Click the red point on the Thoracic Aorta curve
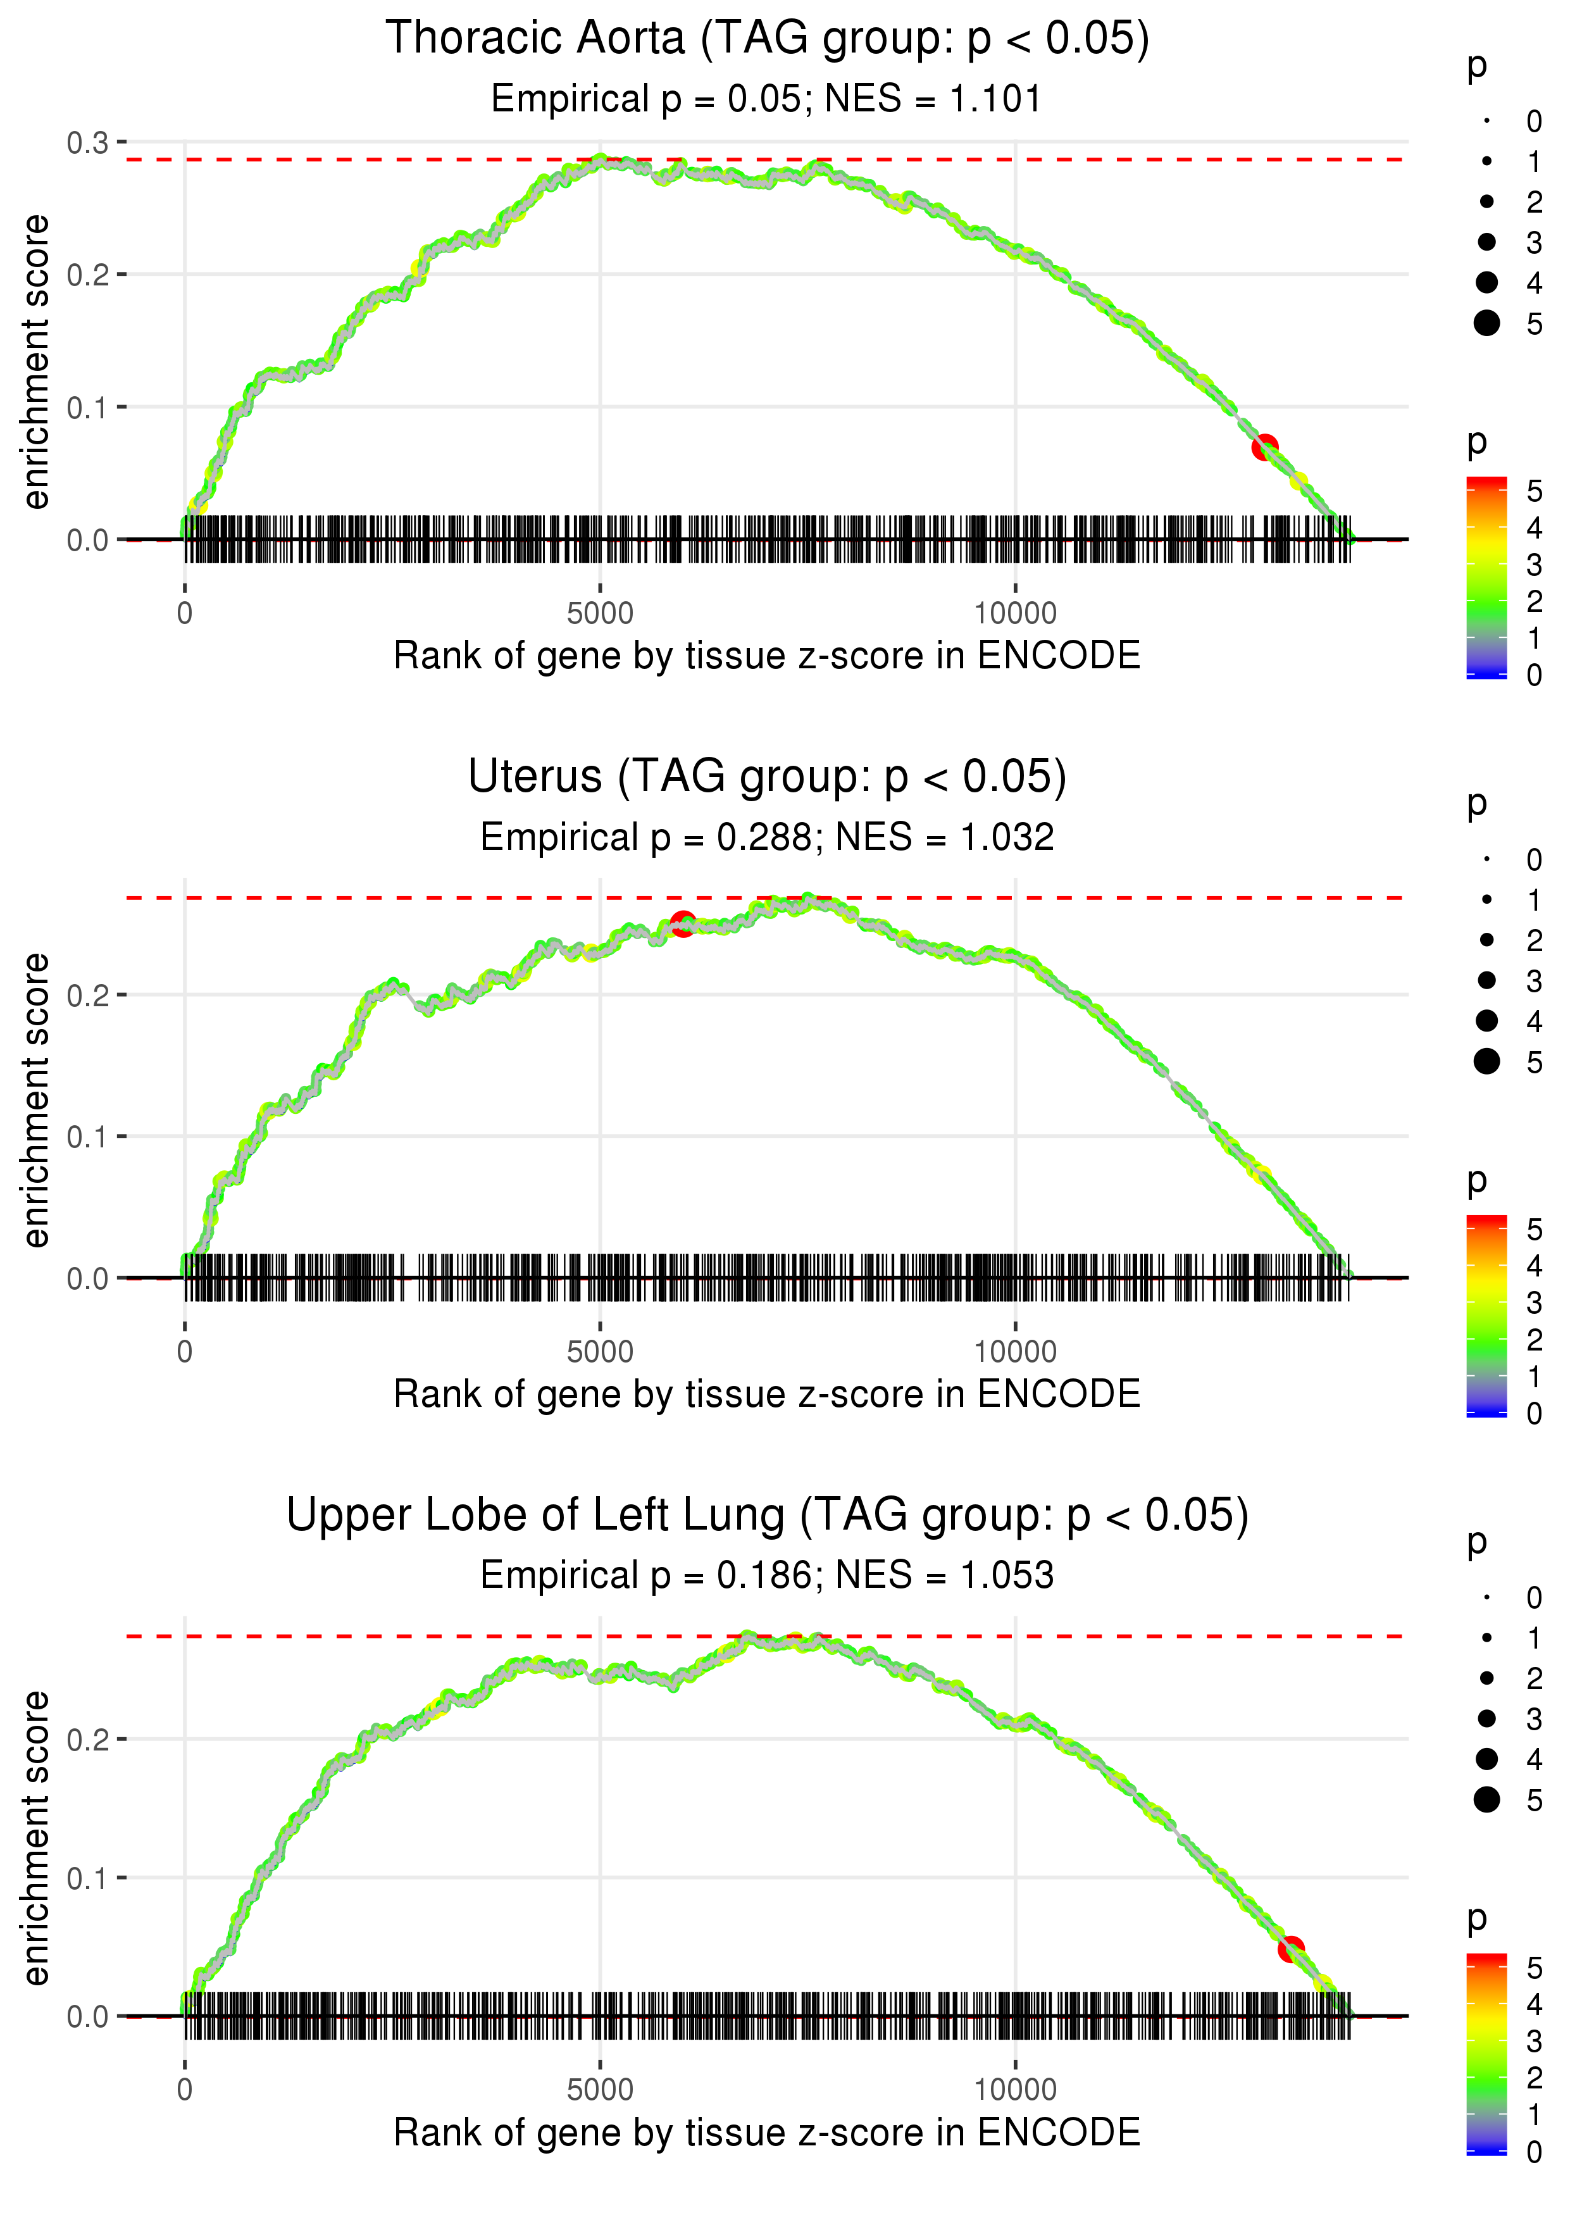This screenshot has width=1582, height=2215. pyautogui.click(x=1264, y=447)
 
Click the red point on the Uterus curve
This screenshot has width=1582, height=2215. pyautogui.click(x=683, y=923)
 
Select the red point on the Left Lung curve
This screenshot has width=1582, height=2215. pyautogui.click(x=1291, y=1949)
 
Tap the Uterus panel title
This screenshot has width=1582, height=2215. pyautogui.click(x=767, y=777)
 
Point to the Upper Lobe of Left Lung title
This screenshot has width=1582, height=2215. pyautogui.click(x=767, y=1516)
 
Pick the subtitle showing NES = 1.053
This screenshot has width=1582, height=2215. pyautogui.click(x=767, y=1576)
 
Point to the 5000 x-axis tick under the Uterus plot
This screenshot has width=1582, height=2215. pyautogui.click(x=600, y=1352)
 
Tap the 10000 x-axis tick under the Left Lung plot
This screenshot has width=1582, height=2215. pyautogui.click(x=1015, y=2090)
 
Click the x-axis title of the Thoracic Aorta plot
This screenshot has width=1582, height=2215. pyautogui.click(x=767, y=656)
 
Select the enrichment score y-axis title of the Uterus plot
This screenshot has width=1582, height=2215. pyautogui.click(x=36, y=1100)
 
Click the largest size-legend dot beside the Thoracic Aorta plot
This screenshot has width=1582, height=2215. pyautogui.click(x=1486, y=322)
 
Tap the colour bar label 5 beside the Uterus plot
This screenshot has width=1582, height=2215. pyautogui.click(x=1535, y=1229)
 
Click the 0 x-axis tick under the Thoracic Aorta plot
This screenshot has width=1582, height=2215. pyautogui.click(x=185, y=614)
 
